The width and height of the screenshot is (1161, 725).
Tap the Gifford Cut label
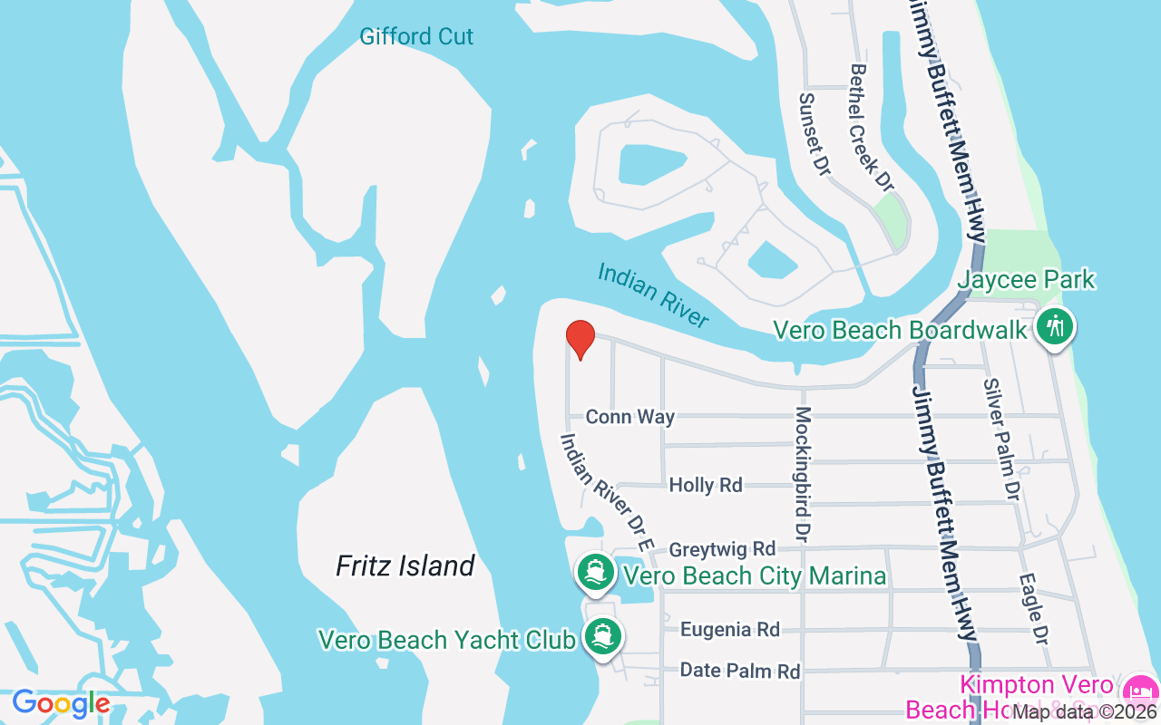(x=416, y=37)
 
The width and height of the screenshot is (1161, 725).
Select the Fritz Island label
(x=405, y=566)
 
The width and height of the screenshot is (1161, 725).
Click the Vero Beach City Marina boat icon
(x=595, y=572)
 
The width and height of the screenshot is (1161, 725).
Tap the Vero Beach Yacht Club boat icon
(x=601, y=636)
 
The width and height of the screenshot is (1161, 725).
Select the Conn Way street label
(x=630, y=417)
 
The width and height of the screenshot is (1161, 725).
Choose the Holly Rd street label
(x=706, y=486)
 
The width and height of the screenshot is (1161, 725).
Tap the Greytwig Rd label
(x=722, y=549)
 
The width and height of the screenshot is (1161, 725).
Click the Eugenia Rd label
(x=730, y=629)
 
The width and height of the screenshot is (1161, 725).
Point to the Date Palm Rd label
(x=740, y=671)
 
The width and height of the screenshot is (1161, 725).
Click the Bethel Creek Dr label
(x=871, y=127)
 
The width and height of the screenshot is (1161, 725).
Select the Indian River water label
(x=653, y=295)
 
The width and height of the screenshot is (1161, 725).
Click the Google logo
(x=61, y=703)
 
